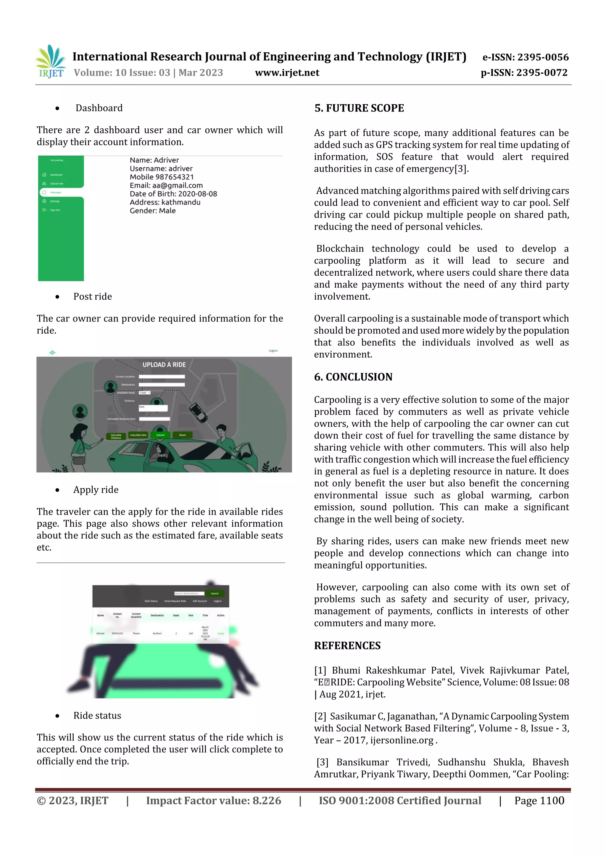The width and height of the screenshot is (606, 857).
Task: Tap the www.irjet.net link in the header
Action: tap(287, 73)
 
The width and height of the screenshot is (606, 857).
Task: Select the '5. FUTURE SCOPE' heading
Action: tap(359, 108)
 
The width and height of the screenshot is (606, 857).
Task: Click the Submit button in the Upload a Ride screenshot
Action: tap(160, 435)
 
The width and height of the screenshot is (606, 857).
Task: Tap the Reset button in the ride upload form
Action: tap(183, 435)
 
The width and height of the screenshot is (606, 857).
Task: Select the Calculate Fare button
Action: tap(138, 435)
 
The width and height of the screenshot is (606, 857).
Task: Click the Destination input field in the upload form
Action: tap(162, 385)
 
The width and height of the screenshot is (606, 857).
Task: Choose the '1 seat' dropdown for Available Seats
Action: tap(144, 393)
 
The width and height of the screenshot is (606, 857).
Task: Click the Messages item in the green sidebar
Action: tap(56, 193)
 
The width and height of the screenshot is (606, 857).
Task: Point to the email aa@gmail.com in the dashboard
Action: tap(166, 185)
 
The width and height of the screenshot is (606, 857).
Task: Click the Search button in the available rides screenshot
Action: tap(215, 593)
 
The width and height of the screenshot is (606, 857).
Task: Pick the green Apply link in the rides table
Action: tap(221, 633)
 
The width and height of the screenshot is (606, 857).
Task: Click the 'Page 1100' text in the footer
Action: tap(539, 800)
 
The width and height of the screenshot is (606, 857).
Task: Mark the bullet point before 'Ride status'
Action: tap(57, 716)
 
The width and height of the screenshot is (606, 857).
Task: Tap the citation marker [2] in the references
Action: tap(320, 716)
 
